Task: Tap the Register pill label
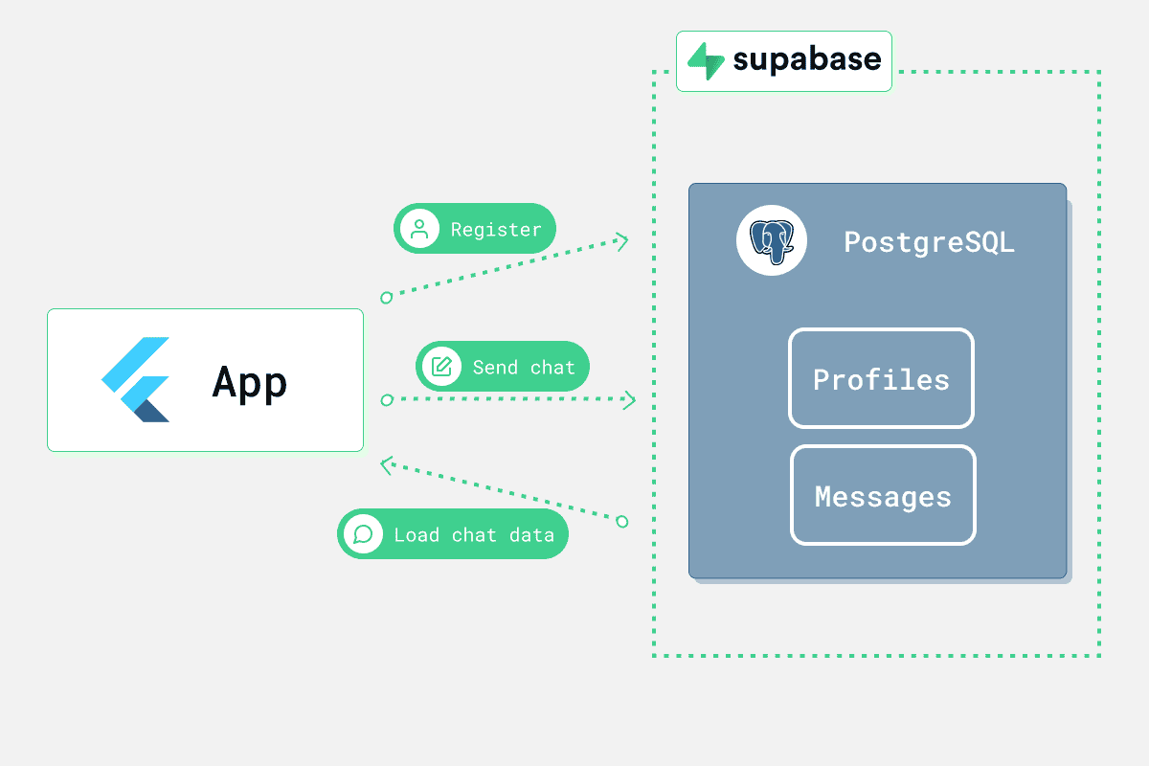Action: [495, 230]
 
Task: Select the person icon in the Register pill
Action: [418, 229]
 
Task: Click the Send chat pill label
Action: [524, 367]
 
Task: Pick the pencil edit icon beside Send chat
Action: [441, 367]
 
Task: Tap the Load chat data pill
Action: [474, 534]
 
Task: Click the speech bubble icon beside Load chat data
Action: [362, 533]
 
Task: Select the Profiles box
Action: [881, 379]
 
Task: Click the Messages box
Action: [883, 496]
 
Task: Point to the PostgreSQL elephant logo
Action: [771, 241]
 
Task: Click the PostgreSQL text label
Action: [929, 241]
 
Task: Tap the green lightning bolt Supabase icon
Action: [706, 61]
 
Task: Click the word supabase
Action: [806, 60]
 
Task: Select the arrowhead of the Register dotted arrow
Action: [623, 240]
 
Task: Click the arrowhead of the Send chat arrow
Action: [631, 399]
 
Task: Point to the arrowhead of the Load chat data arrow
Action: [386, 465]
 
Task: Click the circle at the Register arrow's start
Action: [386, 298]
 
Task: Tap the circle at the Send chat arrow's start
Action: [386, 399]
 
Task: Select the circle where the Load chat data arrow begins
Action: [622, 521]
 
